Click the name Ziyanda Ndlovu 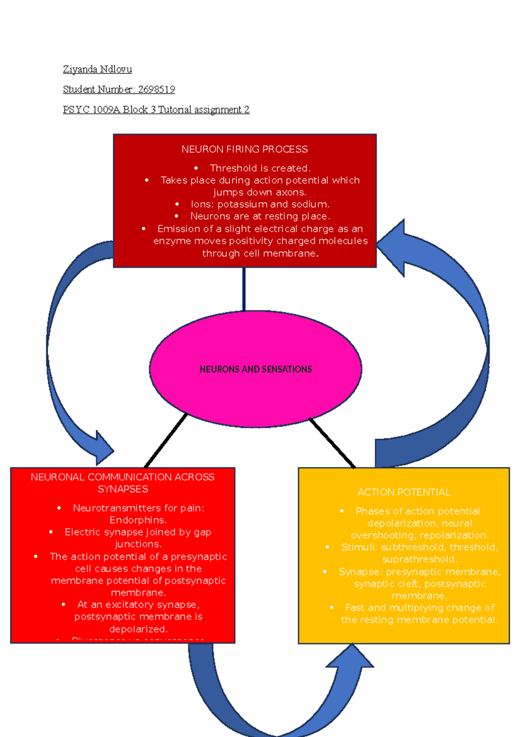coord(97,69)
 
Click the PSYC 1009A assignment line coord(156,110)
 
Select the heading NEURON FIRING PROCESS coord(244,149)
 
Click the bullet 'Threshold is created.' coord(260,168)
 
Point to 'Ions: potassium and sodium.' coord(260,204)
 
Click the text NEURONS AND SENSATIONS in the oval coord(255,369)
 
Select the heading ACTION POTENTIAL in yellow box coord(404,492)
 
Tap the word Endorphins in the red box coord(137,520)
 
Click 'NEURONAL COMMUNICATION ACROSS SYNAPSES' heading coord(123,483)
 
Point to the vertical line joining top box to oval coord(244,289)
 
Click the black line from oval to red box coord(165,441)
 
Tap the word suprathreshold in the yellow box coord(419,559)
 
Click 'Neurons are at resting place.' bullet coord(260,216)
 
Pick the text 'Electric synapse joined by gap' coord(138,532)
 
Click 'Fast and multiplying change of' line coord(420,608)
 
